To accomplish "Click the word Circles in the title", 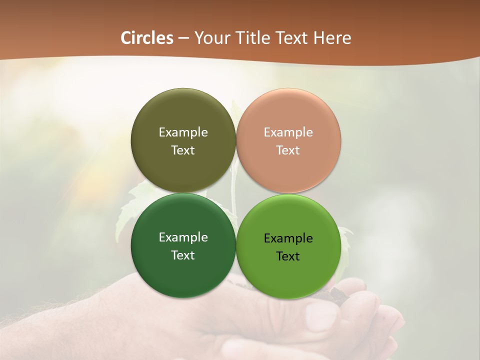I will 146,38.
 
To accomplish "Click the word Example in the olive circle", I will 183,132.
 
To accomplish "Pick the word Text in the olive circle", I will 183,150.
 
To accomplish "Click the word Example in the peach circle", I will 288,132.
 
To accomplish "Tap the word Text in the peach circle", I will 288,150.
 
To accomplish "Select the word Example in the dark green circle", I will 183,237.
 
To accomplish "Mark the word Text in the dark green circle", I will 183,255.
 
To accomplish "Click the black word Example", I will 288,238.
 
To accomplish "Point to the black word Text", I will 288,256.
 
